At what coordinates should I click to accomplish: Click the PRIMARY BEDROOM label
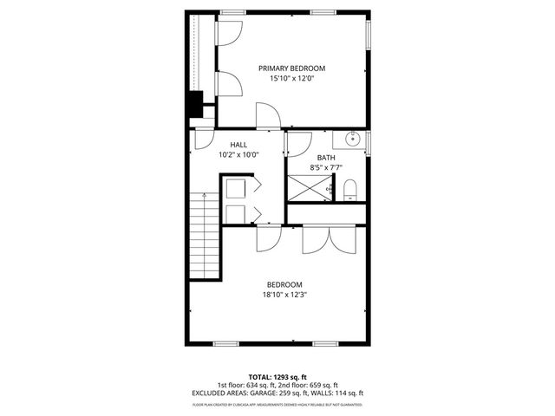coord(291,68)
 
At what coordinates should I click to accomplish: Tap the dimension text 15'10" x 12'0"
coord(291,79)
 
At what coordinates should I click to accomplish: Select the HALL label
coord(238,145)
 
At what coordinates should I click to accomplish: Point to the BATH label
coord(326,157)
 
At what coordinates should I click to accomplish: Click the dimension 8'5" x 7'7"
coord(326,167)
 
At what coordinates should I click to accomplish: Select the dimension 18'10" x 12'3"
coord(284,295)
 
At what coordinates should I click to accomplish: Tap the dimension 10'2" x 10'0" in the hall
coord(238,155)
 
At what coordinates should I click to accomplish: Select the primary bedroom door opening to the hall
coord(268,115)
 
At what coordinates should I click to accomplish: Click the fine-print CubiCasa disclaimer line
coord(277,404)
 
